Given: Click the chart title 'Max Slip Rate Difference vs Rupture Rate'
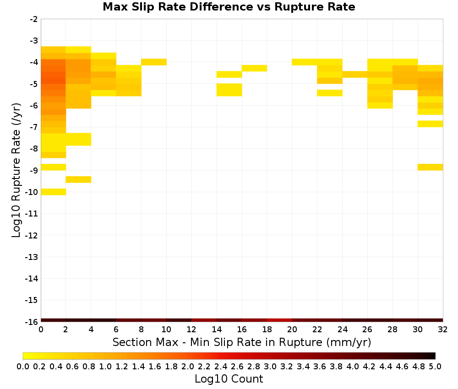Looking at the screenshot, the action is pos(229,7).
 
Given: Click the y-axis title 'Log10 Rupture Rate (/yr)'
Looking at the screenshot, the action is pos(16,170).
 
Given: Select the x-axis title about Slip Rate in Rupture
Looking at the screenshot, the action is pos(241,342).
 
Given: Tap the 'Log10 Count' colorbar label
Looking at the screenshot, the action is pos(229,379).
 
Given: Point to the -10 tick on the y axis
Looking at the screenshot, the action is pos(32,192).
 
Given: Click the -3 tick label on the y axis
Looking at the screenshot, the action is pos(34,41).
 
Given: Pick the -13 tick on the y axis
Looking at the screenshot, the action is pos(32,257).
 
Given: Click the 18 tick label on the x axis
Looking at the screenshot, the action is pos(267,330).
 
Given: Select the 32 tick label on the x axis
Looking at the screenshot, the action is pos(443,330).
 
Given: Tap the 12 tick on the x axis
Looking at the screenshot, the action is pos(191,330).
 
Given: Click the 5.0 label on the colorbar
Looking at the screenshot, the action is pos(435,366).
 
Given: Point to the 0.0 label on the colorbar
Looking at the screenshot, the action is pos(23,366).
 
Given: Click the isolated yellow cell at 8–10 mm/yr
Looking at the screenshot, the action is pos(154,62).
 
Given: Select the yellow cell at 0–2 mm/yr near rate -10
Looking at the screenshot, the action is pos(54,192).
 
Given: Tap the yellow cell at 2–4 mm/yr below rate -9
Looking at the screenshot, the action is pos(79,179).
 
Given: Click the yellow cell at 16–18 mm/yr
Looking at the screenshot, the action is pos(254,68).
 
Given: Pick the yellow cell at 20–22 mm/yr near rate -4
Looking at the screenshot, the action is pos(305,62).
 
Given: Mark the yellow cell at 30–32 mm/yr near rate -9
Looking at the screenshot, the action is pos(430,167).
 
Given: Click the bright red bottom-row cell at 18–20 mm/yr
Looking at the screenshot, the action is pos(279,320).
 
